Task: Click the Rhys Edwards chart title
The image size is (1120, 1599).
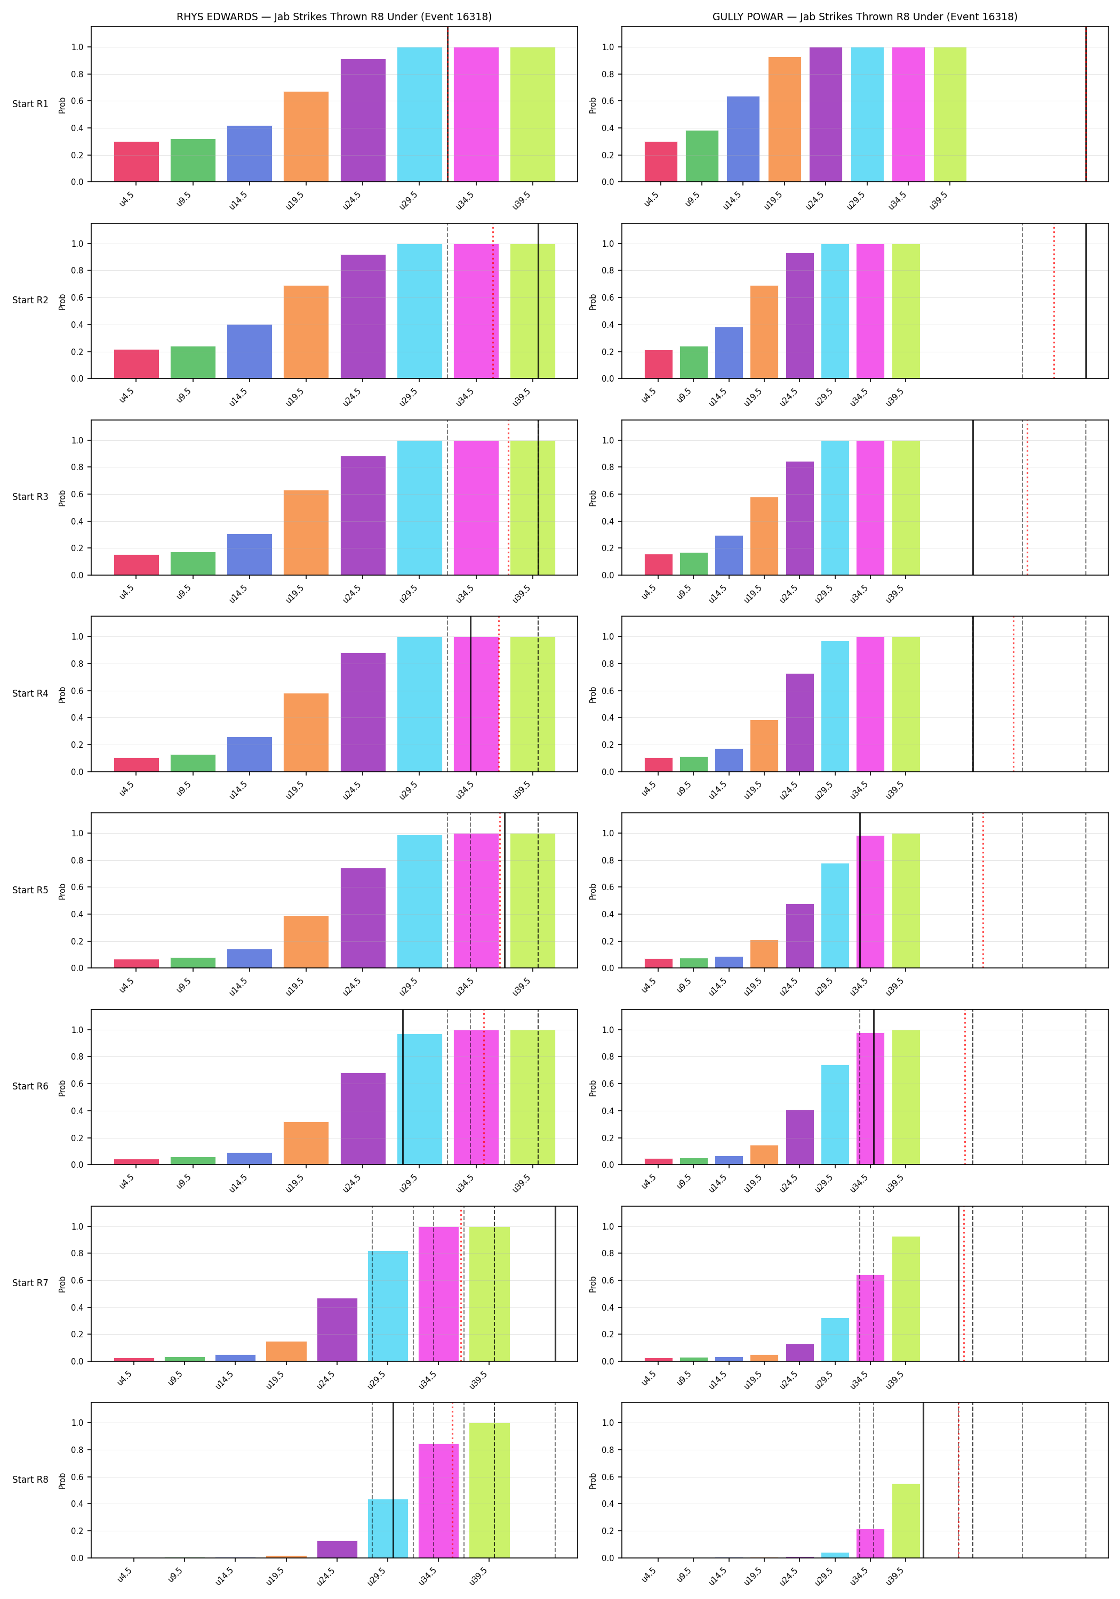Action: (x=334, y=17)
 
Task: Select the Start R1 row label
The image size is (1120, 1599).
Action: (x=30, y=104)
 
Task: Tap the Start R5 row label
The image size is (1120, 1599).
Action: (x=30, y=890)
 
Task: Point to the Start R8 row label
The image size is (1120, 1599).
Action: (x=30, y=1479)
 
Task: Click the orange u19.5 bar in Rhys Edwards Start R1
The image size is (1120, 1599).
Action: (x=306, y=136)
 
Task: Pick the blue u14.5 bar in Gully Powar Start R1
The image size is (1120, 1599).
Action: (x=743, y=139)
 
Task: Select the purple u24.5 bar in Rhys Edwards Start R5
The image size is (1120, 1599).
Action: (x=363, y=918)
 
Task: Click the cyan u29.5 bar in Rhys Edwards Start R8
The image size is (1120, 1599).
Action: (x=388, y=1529)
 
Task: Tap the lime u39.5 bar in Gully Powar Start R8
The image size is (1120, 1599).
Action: (x=906, y=1521)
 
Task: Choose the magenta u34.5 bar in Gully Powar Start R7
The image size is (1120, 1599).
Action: (x=870, y=1318)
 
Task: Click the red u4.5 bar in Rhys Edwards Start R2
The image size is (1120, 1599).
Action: (x=137, y=364)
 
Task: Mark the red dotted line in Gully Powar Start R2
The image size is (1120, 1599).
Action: (x=1054, y=301)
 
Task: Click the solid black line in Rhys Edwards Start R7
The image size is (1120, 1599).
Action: (x=556, y=1283)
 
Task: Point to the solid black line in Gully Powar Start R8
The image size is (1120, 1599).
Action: (x=923, y=1480)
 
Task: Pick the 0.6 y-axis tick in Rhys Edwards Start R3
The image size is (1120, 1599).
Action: (x=77, y=495)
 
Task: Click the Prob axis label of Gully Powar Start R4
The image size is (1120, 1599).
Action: (x=593, y=694)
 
